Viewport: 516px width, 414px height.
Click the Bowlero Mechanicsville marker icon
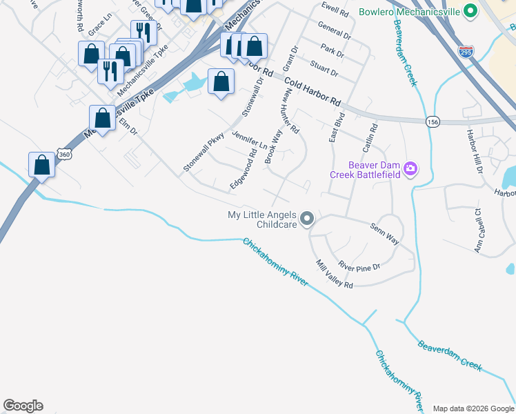pyautogui.click(x=470, y=12)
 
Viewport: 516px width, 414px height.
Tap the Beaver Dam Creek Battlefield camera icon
pyautogui.click(x=410, y=169)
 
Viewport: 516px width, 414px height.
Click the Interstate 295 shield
pyautogui.click(x=466, y=51)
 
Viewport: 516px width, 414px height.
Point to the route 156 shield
pyautogui.click(x=433, y=121)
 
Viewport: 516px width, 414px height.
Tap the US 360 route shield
pyautogui.click(x=63, y=155)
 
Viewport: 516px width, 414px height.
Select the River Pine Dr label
pyautogui.click(x=359, y=264)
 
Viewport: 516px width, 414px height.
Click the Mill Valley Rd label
pyautogui.click(x=334, y=275)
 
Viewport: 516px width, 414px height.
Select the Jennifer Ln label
pyautogui.click(x=250, y=140)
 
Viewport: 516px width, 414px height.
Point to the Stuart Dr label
pyautogui.click(x=324, y=70)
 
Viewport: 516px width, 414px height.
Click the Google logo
pyautogui.click(x=23, y=406)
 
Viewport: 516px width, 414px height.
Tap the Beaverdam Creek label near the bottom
pyautogui.click(x=449, y=355)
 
